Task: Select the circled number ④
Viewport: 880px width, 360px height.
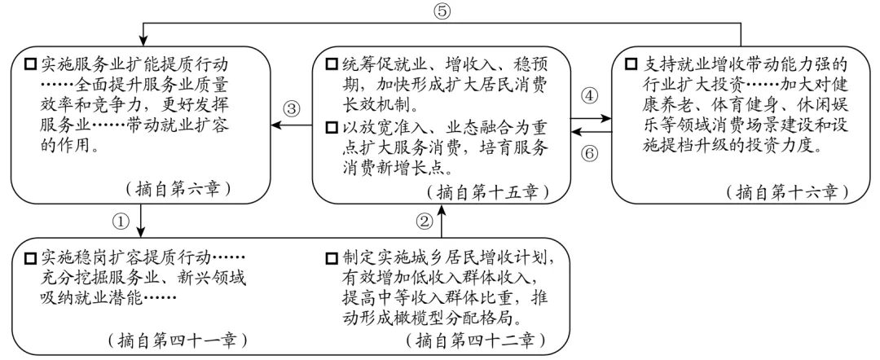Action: (589, 96)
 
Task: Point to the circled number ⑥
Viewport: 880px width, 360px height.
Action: (589, 153)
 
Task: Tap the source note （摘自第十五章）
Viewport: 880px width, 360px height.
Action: (486, 192)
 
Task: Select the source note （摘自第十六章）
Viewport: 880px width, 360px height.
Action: (786, 192)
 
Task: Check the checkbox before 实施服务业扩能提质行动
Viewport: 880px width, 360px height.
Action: (30, 64)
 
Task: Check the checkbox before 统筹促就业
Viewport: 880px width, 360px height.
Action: (332, 64)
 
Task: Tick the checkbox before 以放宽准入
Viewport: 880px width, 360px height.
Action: (332, 128)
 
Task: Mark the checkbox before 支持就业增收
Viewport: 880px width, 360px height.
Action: (631, 64)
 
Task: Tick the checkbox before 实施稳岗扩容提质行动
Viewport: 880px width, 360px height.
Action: (30, 260)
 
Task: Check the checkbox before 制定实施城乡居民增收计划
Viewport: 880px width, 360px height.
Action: (332, 260)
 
